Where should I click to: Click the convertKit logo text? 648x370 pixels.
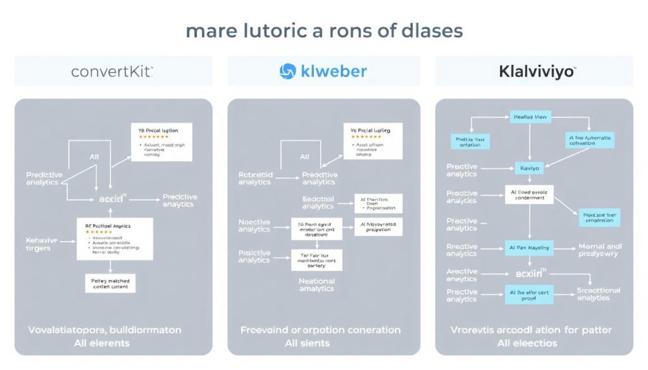click(111, 71)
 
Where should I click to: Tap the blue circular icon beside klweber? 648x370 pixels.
click(288, 71)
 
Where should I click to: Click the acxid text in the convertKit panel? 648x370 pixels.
click(113, 199)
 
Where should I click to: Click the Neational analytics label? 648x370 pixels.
click(316, 284)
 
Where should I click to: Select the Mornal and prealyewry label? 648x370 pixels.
click(600, 250)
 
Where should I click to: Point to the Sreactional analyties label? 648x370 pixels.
click(598, 294)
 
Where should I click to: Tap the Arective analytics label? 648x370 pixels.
click(461, 274)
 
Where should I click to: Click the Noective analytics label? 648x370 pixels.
click(254, 225)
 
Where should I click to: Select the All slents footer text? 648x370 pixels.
click(320, 343)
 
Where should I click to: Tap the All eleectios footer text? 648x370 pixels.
click(527, 343)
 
